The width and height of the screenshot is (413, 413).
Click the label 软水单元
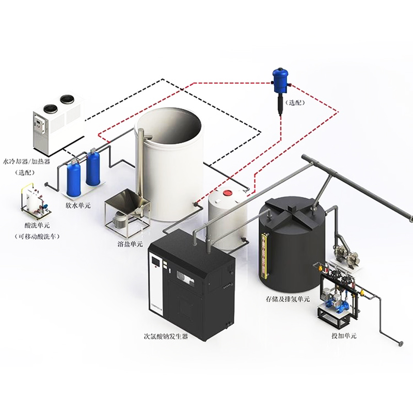click(x=77, y=205)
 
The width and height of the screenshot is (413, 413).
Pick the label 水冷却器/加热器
click(x=26, y=161)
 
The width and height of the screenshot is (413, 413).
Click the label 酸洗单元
click(x=37, y=226)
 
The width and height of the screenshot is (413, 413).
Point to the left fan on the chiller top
click(x=50, y=108)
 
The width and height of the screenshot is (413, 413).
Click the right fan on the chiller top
click(x=67, y=100)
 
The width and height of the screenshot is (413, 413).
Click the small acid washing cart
click(x=30, y=203)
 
